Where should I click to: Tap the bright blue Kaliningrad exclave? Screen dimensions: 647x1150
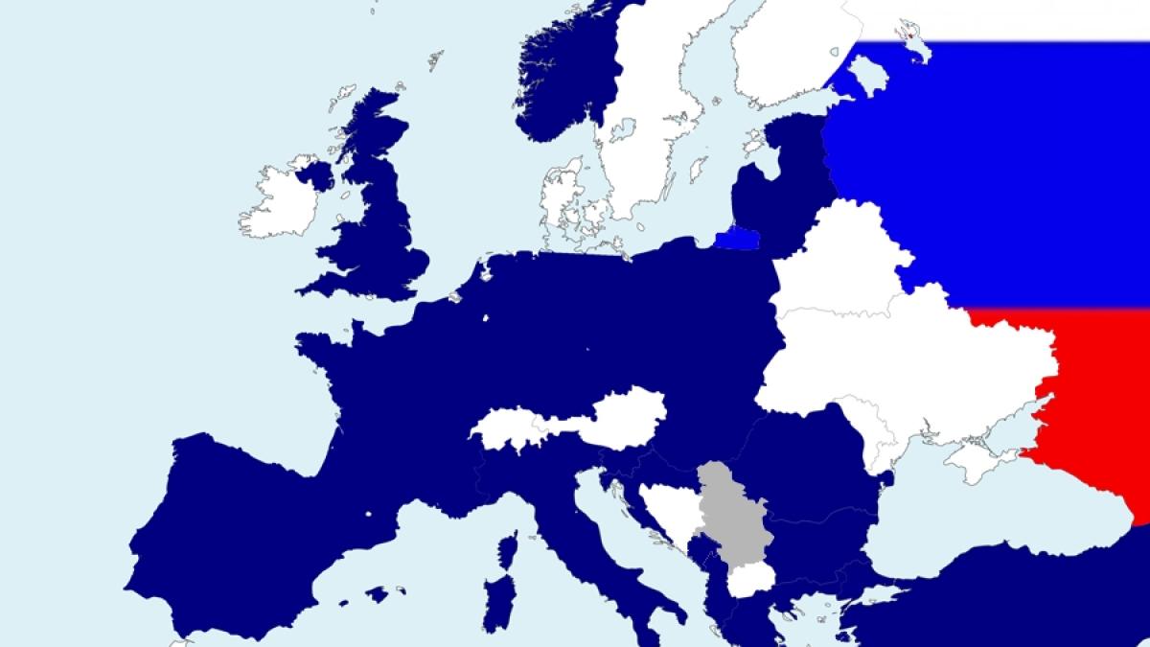[737, 236]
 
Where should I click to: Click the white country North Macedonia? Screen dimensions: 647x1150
[749, 581]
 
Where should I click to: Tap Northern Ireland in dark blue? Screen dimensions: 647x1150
[313, 175]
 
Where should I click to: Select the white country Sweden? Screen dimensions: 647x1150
[652, 125]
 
